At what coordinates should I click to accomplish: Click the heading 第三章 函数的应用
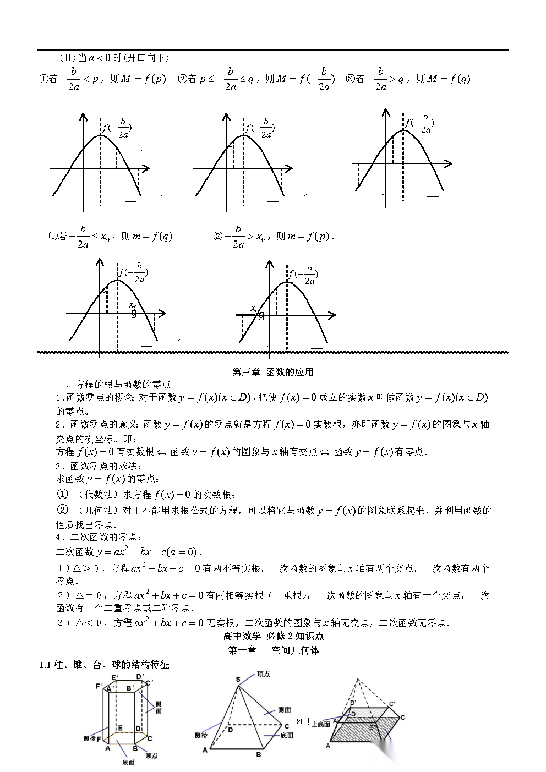(x=272, y=372)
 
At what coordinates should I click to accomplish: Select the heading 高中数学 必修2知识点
(x=273, y=636)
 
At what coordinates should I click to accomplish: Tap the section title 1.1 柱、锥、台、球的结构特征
(x=104, y=665)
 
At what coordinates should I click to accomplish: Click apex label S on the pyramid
(x=238, y=680)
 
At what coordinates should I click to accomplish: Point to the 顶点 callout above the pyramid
(x=263, y=674)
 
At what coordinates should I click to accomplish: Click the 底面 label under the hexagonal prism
(x=128, y=763)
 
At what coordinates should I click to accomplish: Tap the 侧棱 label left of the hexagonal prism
(x=90, y=738)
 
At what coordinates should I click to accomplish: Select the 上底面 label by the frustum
(x=320, y=724)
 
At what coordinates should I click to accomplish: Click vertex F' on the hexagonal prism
(x=99, y=686)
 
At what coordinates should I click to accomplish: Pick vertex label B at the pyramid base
(x=258, y=755)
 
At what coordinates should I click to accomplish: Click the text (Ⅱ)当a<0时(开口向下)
(x=114, y=57)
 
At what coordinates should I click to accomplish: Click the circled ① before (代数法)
(x=63, y=494)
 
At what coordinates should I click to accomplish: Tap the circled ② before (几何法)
(x=63, y=510)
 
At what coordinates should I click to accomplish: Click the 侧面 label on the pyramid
(x=284, y=710)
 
